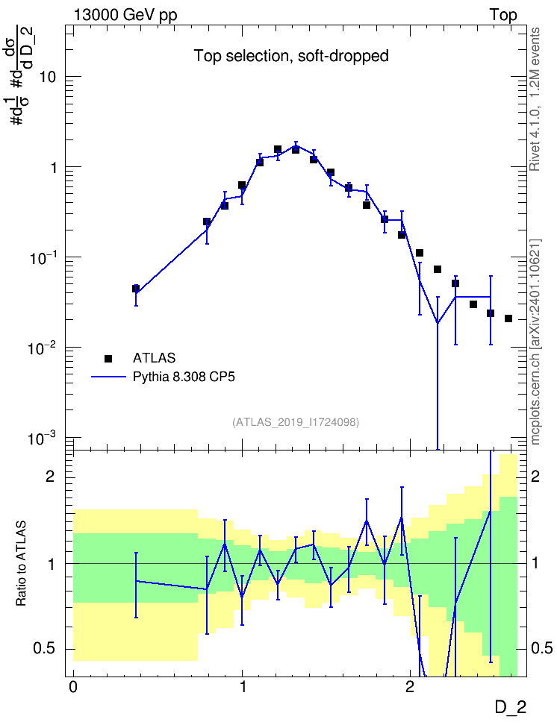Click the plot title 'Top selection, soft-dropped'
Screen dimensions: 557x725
[290, 56]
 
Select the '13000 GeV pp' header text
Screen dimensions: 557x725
[125, 15]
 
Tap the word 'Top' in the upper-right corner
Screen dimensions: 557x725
[503, 15]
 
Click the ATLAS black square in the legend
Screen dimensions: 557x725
[108, 358]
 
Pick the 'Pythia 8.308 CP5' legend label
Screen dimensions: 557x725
[184, 377]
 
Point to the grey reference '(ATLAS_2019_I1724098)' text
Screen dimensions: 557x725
[296, 421]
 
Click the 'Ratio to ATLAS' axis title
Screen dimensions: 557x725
[21, 564]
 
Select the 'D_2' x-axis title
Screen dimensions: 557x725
[510, 707]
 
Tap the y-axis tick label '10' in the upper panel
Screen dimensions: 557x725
[47, 77]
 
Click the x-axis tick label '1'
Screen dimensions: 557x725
[242, 687]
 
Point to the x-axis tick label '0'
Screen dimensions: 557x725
[73, 687]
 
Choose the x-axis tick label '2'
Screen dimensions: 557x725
[410, 687]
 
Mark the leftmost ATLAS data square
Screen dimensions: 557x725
[136, 289]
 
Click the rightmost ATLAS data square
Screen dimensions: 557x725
[508, 318]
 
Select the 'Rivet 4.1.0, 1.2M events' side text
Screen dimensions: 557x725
[535, 99]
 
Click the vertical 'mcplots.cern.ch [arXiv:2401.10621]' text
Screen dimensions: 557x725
[535, 342]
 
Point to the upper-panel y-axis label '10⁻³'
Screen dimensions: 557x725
[43, 438]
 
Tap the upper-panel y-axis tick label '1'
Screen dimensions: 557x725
[53, 167]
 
